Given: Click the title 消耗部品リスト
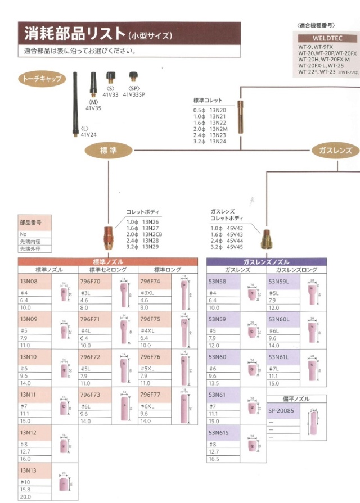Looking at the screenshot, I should click(x=74, y=34).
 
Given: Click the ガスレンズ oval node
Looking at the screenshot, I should click(x=335, y=150).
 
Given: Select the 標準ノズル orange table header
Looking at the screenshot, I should click(x=108, y=262).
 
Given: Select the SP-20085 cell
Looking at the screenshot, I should click(x=281, y=411).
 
